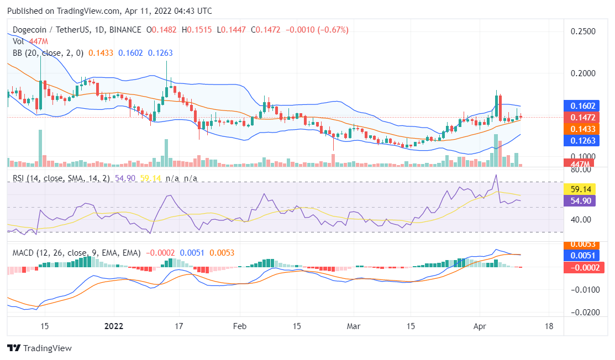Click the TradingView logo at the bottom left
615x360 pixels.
pos(39,348)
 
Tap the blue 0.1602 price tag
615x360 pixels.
pos(579,106)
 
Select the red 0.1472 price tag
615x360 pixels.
pos(579,117)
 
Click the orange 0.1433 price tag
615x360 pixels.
pos(579,129)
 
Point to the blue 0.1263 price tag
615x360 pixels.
pos(579,141)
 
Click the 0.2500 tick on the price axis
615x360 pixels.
pos(583,31)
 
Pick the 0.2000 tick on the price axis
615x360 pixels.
pos(583,73)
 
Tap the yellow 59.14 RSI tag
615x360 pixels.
pos(579,188)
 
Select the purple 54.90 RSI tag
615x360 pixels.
pos(579,200)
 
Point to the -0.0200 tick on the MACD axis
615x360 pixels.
pos(583,313)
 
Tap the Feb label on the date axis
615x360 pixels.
pos(239,326)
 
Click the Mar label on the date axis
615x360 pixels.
pos(354,326)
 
